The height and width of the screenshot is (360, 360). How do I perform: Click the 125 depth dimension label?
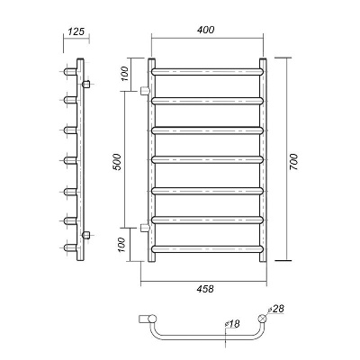pyautogui.click(x=76, y=31)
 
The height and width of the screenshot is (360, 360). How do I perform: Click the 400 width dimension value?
pyautogui.click(x=206, y=30)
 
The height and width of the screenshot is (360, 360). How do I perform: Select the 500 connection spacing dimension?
pyautogui.click(x=118, y=162)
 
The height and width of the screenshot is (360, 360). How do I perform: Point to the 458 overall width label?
pyautogui.click(x=205, y=289)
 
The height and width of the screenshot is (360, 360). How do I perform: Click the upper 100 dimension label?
pyautogui.click(x=124, y=74)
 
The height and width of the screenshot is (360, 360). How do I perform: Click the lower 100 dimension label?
pyautogui.click(x=121, y=245)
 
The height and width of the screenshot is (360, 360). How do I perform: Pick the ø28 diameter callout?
pyautogui.click(x=275, y=309)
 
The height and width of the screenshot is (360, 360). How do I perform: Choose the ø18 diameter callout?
pyautogui.click(x=232, y=324)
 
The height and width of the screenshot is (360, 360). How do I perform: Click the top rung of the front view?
pyautogui.click(x=207, y=72)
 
